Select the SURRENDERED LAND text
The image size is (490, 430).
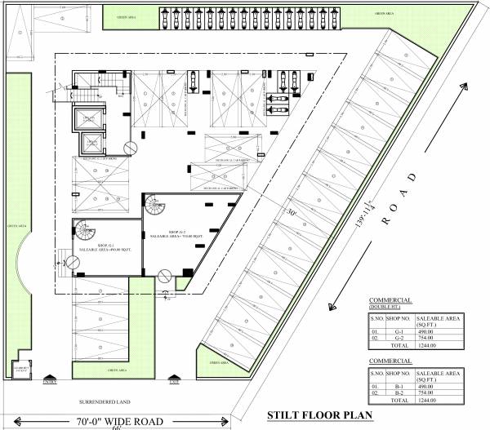(x=100, y=401)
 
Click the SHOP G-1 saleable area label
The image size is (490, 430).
(x=105, y=248)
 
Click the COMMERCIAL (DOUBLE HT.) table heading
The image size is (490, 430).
(x=390, y=304)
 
